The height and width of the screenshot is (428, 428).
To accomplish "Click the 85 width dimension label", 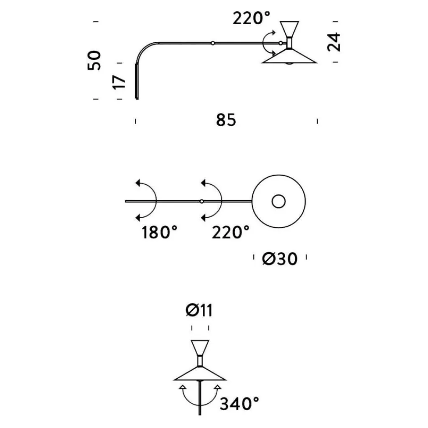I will (226, 120).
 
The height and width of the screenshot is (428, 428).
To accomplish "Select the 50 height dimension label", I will (95, 60).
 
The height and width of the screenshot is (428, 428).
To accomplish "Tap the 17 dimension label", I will (120, 82).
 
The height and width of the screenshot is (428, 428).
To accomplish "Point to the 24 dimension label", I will (334, 41).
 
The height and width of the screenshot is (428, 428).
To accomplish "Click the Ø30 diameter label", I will (280, 259).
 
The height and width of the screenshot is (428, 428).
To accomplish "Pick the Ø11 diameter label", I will (199, 310).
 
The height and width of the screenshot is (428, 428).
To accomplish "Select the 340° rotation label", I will (239, 404).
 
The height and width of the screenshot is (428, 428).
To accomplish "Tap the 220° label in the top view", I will (231, 232).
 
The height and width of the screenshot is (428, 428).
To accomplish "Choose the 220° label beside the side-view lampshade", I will (252, 18).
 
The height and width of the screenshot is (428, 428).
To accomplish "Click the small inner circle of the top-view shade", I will (278, 201).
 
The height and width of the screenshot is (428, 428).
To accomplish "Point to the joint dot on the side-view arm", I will (213, 43).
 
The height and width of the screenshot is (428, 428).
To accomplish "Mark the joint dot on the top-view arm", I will (201, 201).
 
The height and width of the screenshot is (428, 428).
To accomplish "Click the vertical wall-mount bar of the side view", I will (137, 82).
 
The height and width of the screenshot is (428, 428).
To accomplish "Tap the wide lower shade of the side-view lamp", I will (289, 57).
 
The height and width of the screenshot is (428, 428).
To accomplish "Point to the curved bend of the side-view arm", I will (144, 48).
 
